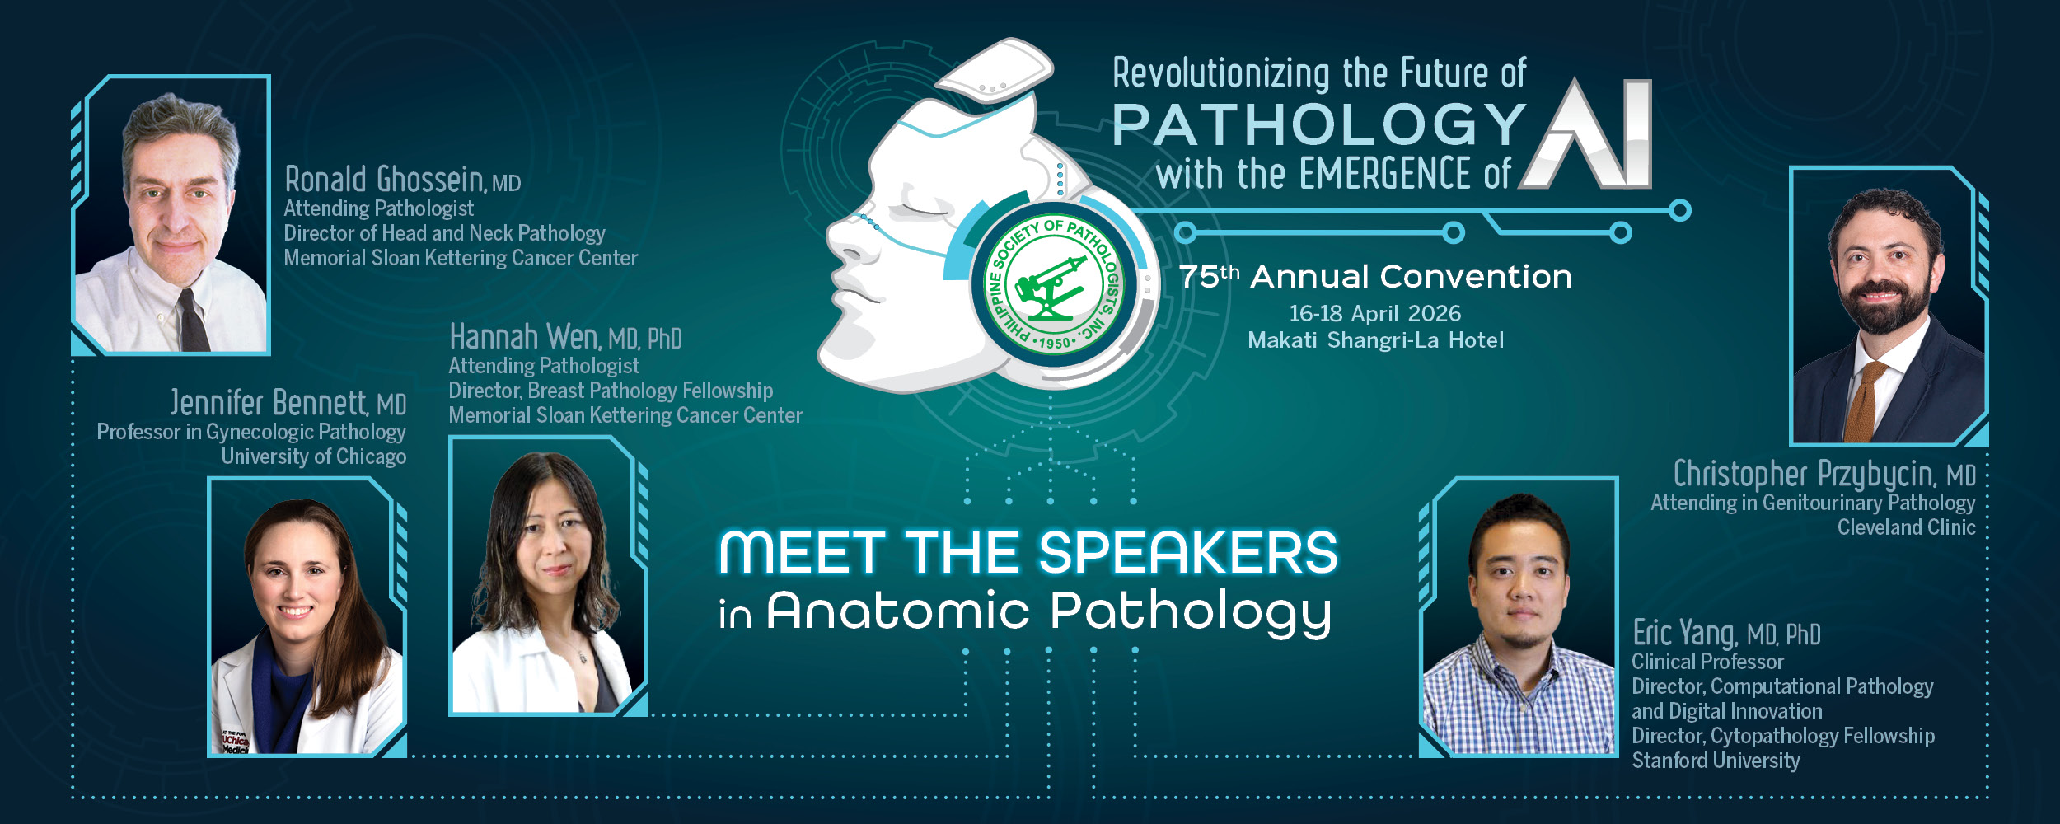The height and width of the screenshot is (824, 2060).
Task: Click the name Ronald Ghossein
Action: pyautogui.click(x=384, y=179)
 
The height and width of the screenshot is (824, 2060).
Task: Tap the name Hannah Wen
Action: pyautogui.click(x=524, y=337)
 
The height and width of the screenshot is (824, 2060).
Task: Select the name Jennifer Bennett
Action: pyautogui.click(x=269, y=403)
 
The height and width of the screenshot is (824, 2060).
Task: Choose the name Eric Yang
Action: pyautogui.click(x=1684, y=633)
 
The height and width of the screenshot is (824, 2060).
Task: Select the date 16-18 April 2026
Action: pyautogui.click(x=1374, y=313)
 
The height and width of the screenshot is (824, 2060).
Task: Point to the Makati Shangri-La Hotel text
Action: pyautogui.click(x=1374, y=340)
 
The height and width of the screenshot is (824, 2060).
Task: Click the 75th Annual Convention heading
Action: pyautogui.click(x=1374, y=277)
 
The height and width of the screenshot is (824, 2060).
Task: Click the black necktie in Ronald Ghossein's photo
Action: pyautogui.click(x=194, y=321)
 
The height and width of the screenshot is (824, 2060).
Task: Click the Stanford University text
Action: pyautogui.click(x=1715, y=760)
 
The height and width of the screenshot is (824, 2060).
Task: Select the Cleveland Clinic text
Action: pyautogui.click(x=1906, y=527)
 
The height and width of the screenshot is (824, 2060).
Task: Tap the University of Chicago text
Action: pyautogui.click(x=313, y=456)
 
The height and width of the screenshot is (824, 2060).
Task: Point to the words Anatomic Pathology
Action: pyautogui.click(x=1048, y=611)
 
